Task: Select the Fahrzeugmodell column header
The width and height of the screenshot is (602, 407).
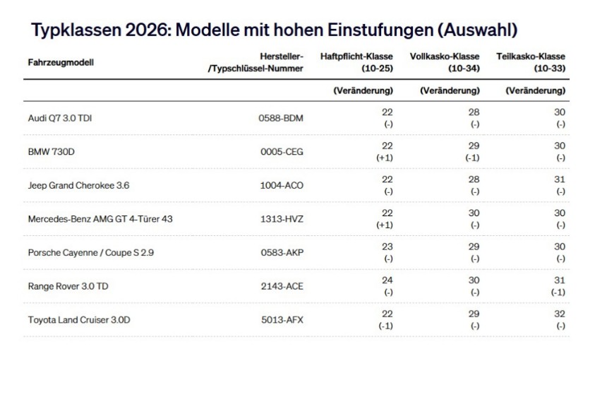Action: tap(61, 62)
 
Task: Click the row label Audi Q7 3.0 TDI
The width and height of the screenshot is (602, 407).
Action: tap(59, 118)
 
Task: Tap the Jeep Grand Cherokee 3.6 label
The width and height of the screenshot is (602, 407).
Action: tap(78, 185)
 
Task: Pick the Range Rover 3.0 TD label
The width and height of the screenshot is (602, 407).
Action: tap(68, 286)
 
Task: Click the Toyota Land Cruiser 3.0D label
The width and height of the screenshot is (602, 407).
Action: tap(79, 320)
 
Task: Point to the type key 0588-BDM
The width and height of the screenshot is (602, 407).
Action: tap(281, 118)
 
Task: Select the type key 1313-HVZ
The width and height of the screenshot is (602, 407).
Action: tap(282, 219)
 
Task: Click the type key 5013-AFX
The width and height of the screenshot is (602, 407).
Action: tap(282, 320)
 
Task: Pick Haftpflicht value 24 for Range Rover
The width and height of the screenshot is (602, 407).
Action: tap(387, 281)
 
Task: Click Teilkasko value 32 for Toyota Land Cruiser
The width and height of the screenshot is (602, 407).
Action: tap(560, 314)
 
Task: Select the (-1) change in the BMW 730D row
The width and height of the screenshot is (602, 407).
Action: tap(473, 158)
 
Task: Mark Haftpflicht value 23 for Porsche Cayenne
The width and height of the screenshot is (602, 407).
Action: tap(387, 247)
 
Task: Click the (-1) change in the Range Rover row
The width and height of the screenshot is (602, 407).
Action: tap(558, 292)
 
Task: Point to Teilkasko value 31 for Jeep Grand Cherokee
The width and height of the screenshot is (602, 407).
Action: tap(560, 179)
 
